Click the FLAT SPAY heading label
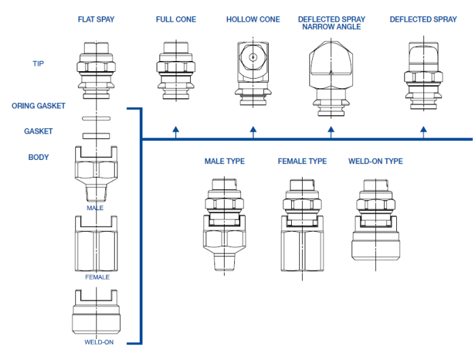tap(96, 20)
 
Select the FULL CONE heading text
tap(176, 20)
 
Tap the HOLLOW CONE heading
tap(253, 20)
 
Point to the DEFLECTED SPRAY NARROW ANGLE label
tap(331, 23)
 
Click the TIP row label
tap(39, 64)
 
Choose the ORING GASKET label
tap(39, 106)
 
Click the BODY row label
tap(39, 157)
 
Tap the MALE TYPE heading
tap(225, 161)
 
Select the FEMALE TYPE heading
tap(302, 161)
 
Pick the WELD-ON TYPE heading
tap(375, 161)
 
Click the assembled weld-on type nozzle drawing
tap(375, 220)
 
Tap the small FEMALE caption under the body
tap(97, 277)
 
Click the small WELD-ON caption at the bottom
tap(98, 342)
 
